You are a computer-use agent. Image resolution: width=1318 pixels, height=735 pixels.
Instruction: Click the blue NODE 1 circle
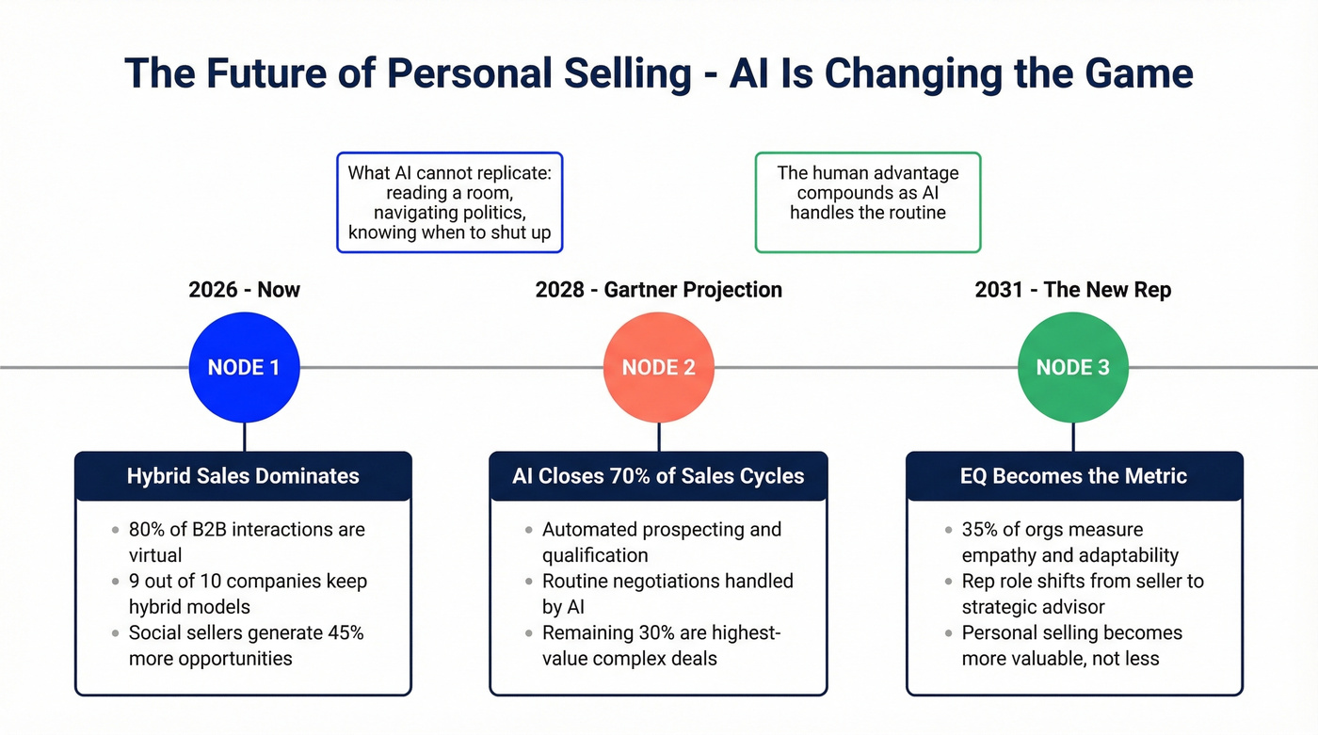click(244, 367)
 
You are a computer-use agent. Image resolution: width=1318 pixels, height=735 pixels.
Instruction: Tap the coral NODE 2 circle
click(658, 367)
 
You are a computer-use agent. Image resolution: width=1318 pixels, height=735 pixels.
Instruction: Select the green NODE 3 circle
click(1073, 367)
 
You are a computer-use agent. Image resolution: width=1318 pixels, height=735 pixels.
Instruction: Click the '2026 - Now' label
click(244, 289)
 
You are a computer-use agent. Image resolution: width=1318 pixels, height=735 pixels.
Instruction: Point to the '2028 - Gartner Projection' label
click(658, 289)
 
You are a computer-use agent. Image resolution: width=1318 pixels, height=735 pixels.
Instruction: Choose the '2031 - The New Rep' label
click(1073, 289)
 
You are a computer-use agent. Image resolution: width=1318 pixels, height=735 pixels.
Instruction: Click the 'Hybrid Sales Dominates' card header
click(243, 476)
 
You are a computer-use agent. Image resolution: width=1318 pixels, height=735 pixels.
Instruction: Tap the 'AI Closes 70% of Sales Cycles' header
click(658, 476)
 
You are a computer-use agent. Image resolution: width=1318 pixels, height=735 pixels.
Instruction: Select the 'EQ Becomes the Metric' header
click(1073, 476)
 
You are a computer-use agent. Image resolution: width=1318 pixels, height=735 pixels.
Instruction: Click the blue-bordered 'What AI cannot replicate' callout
click(449, 202)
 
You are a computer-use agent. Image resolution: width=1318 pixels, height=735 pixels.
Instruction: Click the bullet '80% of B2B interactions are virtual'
click(247, 542)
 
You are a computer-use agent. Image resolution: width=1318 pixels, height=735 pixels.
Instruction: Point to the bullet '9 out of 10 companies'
click(248, 594)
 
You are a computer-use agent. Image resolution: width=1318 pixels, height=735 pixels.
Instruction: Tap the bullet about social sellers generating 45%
click(246, 646)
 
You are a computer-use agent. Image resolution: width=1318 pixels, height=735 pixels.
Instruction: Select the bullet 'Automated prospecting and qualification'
click(661, 542)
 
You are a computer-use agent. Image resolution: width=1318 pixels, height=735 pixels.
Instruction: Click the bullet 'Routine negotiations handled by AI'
click(667, 594)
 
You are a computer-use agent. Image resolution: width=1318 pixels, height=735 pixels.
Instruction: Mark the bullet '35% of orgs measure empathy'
click(1069, 542)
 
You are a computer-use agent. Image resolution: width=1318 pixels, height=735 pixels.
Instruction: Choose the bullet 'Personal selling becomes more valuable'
click(1071, 646)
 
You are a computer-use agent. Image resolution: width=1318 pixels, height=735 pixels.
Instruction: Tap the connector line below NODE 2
click(659, 437)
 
